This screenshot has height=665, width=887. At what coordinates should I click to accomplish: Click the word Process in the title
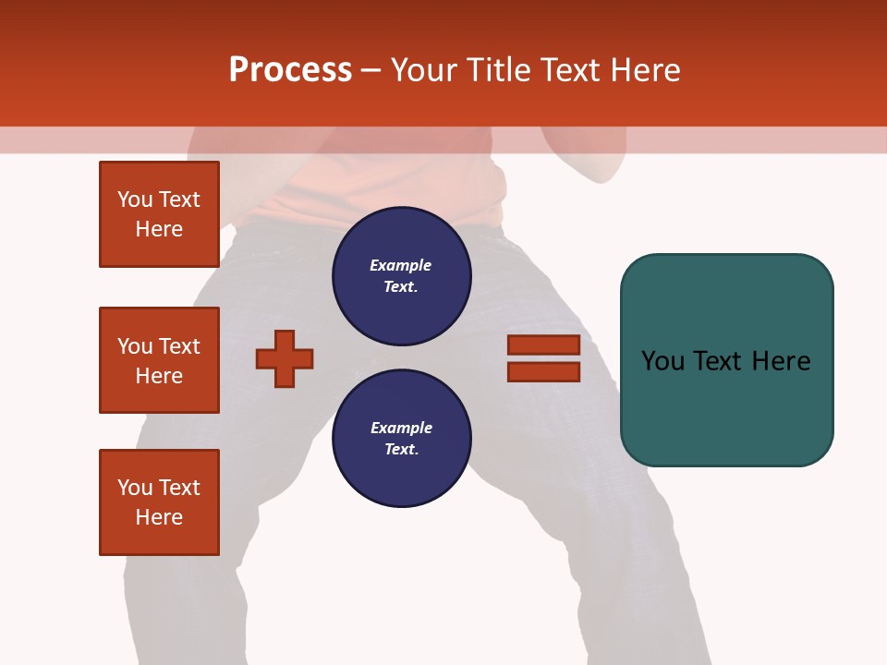pos(290,70)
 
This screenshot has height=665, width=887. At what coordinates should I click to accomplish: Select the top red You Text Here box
pos(159,214)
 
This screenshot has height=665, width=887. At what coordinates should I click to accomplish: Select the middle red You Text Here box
pos(159,360)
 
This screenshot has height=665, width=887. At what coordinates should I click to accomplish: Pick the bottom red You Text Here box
pos(159,502)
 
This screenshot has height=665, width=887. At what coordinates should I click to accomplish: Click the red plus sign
pos(285,358)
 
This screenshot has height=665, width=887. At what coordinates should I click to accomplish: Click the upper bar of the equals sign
pos(543,345)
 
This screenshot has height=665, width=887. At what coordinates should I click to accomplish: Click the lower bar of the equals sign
pos(543,371)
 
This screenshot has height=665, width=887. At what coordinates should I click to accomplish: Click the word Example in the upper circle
pos(400,265)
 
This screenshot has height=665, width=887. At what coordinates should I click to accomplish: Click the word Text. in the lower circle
pos(401,449)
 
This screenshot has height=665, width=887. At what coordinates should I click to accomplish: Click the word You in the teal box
pos(663,361)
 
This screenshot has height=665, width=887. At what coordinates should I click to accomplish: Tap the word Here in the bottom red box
pos(159,517)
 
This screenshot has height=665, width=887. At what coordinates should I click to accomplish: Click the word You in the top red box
pos(135,199)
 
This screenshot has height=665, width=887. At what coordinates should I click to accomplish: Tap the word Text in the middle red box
pos(179,346)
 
